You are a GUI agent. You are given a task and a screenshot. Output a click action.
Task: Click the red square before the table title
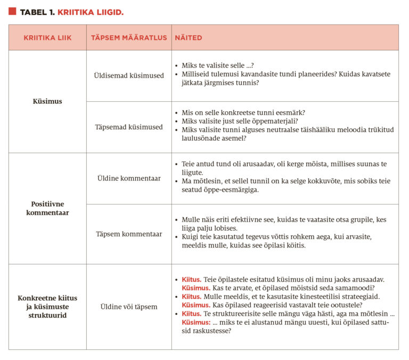click(12, 11)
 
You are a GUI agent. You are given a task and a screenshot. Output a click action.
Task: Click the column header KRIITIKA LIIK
click(47, 38)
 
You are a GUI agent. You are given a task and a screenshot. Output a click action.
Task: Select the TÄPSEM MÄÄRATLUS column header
click(129, 38)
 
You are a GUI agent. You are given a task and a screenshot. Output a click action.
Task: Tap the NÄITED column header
click(189, 38)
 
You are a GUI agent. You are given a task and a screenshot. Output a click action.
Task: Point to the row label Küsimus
click(47, 101)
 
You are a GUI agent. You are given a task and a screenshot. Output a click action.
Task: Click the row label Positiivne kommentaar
click(47, 208)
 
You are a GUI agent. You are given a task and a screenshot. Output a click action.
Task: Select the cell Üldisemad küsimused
click(129, 76)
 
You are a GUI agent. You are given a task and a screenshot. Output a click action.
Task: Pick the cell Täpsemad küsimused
click(129, 127)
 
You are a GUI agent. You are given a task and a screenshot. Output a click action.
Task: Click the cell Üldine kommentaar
click(129, 178)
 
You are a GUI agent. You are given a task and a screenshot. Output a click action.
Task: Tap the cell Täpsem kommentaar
click(129, 234)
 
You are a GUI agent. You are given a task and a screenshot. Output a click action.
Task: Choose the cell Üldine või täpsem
click(129, 307)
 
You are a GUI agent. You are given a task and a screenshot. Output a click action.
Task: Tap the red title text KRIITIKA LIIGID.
click(91, 12)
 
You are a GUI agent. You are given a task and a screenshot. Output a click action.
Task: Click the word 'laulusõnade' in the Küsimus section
click(203, 138)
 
